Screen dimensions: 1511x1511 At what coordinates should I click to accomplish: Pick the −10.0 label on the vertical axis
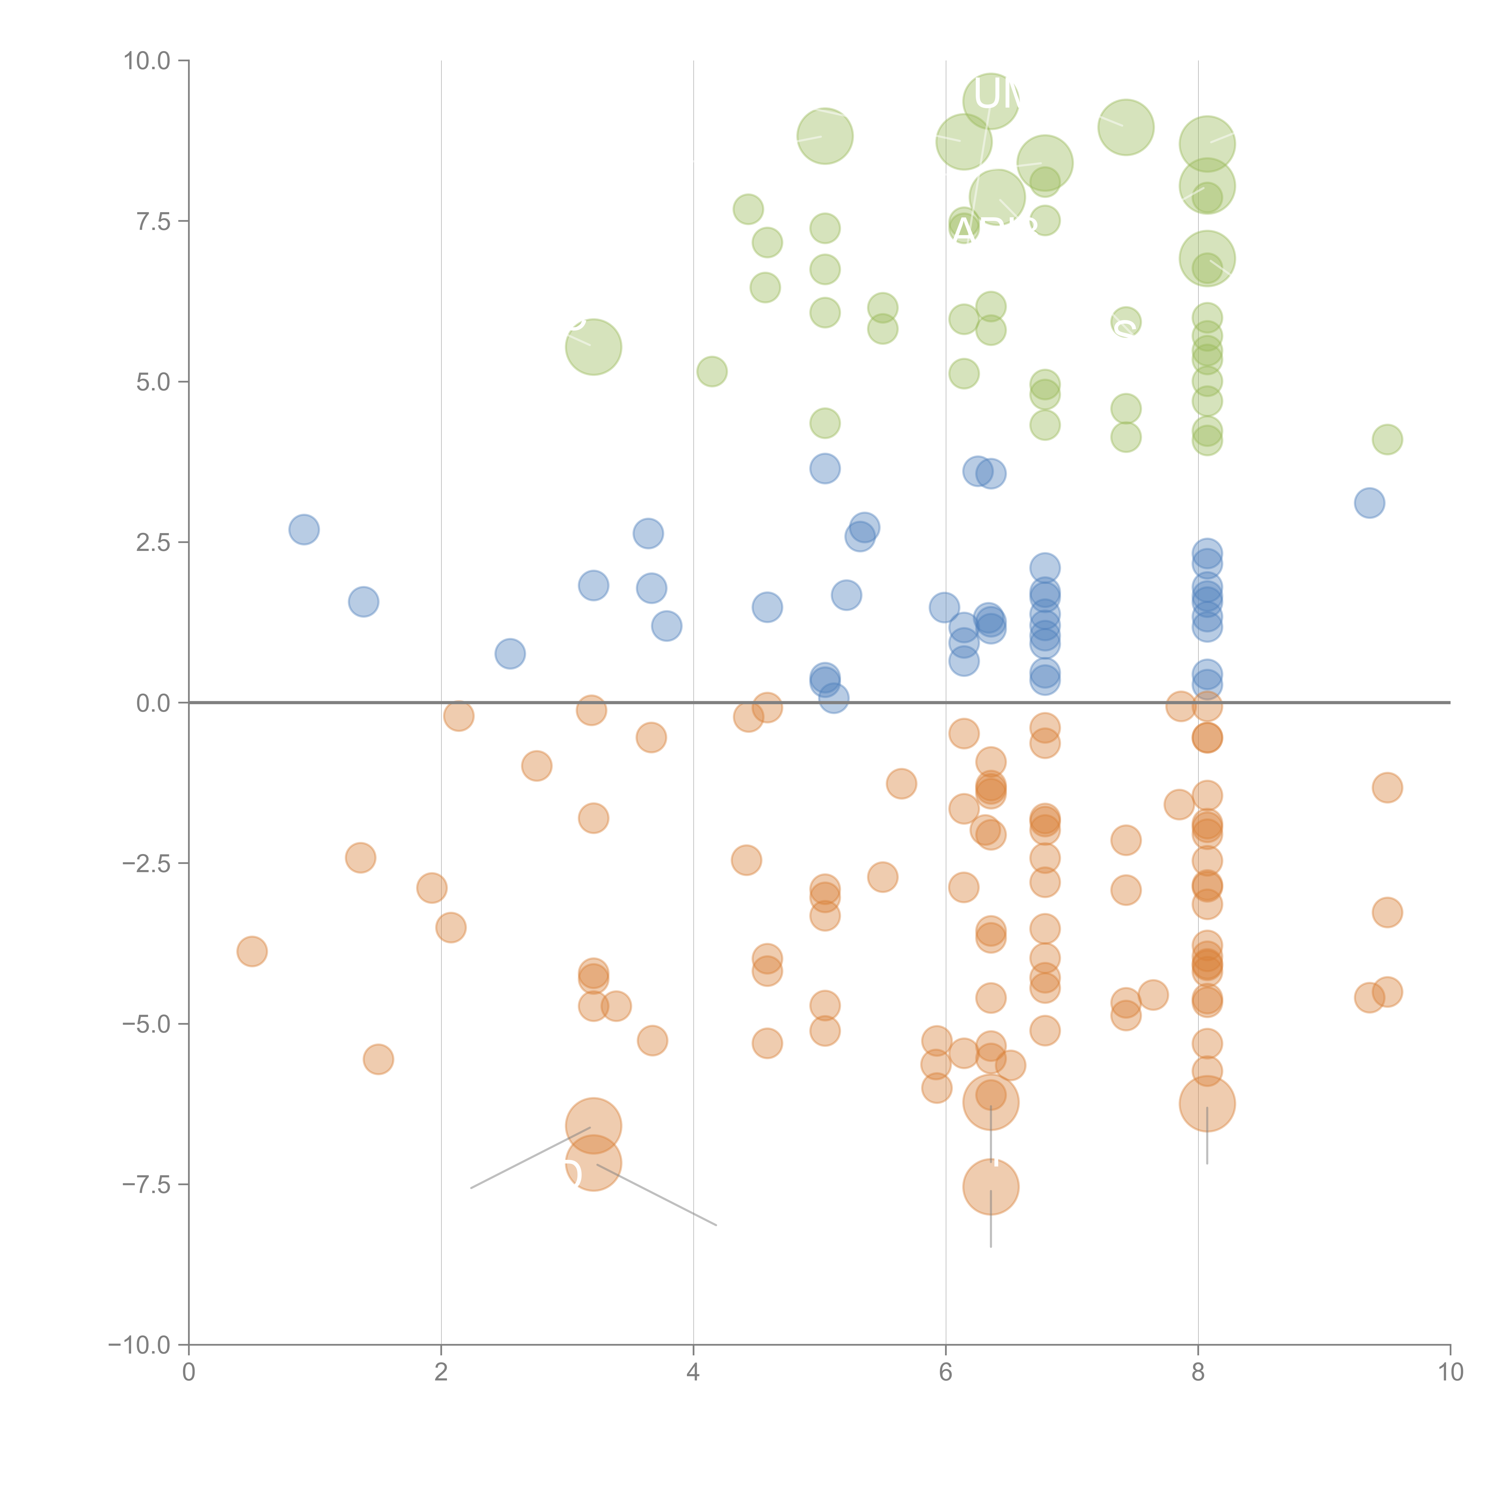[139, 1345]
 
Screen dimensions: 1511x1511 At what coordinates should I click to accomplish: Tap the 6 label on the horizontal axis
[946, 1373]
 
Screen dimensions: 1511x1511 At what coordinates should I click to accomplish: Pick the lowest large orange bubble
[991, 1186]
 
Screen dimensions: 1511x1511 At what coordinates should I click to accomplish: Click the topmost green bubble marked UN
[991, 100]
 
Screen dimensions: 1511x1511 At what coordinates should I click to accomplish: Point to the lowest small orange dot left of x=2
[379, 1060]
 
